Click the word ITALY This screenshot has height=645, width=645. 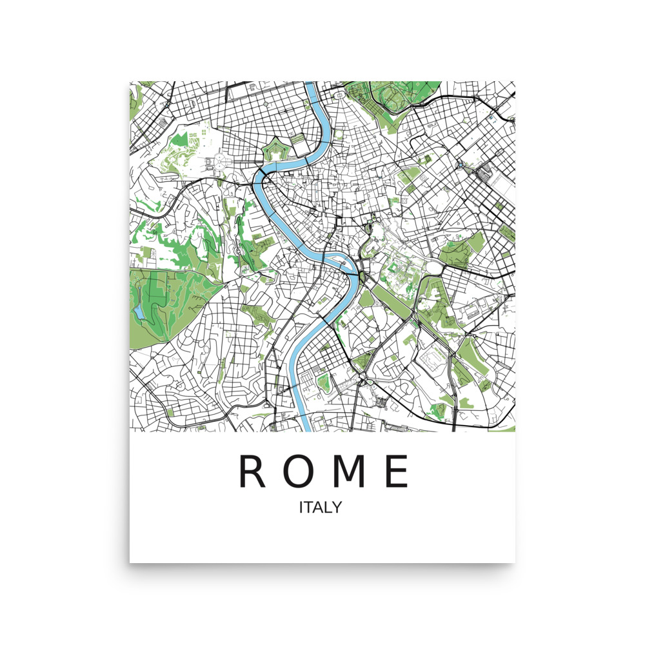(320, 508)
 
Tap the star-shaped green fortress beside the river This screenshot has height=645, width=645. (277, 152)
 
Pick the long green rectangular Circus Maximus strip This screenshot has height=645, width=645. (390, 301)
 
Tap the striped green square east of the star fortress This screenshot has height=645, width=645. (297, 139)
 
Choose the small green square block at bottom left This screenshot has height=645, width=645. (170, 411)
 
